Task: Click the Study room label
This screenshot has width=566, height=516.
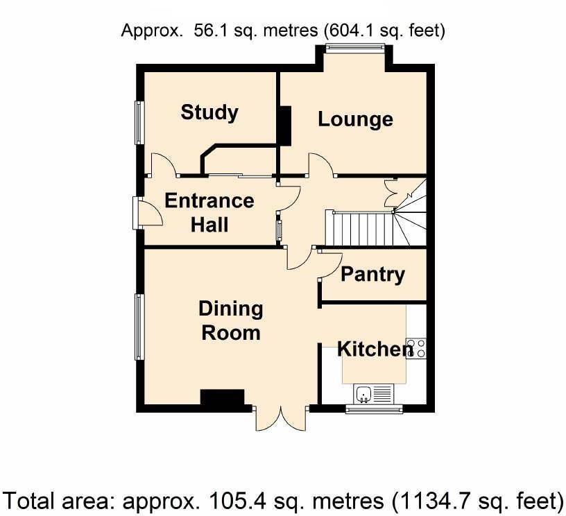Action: coord(209,112)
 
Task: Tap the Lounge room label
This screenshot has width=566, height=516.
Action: coord(355,119)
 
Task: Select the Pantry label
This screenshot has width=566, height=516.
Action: coord(372,274)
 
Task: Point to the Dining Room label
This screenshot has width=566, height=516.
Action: coord(230,320)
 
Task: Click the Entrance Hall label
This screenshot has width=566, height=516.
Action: coord(209,212)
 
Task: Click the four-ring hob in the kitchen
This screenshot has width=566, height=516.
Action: coord(416,348)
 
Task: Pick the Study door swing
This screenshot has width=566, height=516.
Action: coord(164,164)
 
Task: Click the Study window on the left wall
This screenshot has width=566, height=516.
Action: coord(139,123)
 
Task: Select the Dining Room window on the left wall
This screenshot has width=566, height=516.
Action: coord(139,327)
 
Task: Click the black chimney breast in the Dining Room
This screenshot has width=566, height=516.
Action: coord(223,398)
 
